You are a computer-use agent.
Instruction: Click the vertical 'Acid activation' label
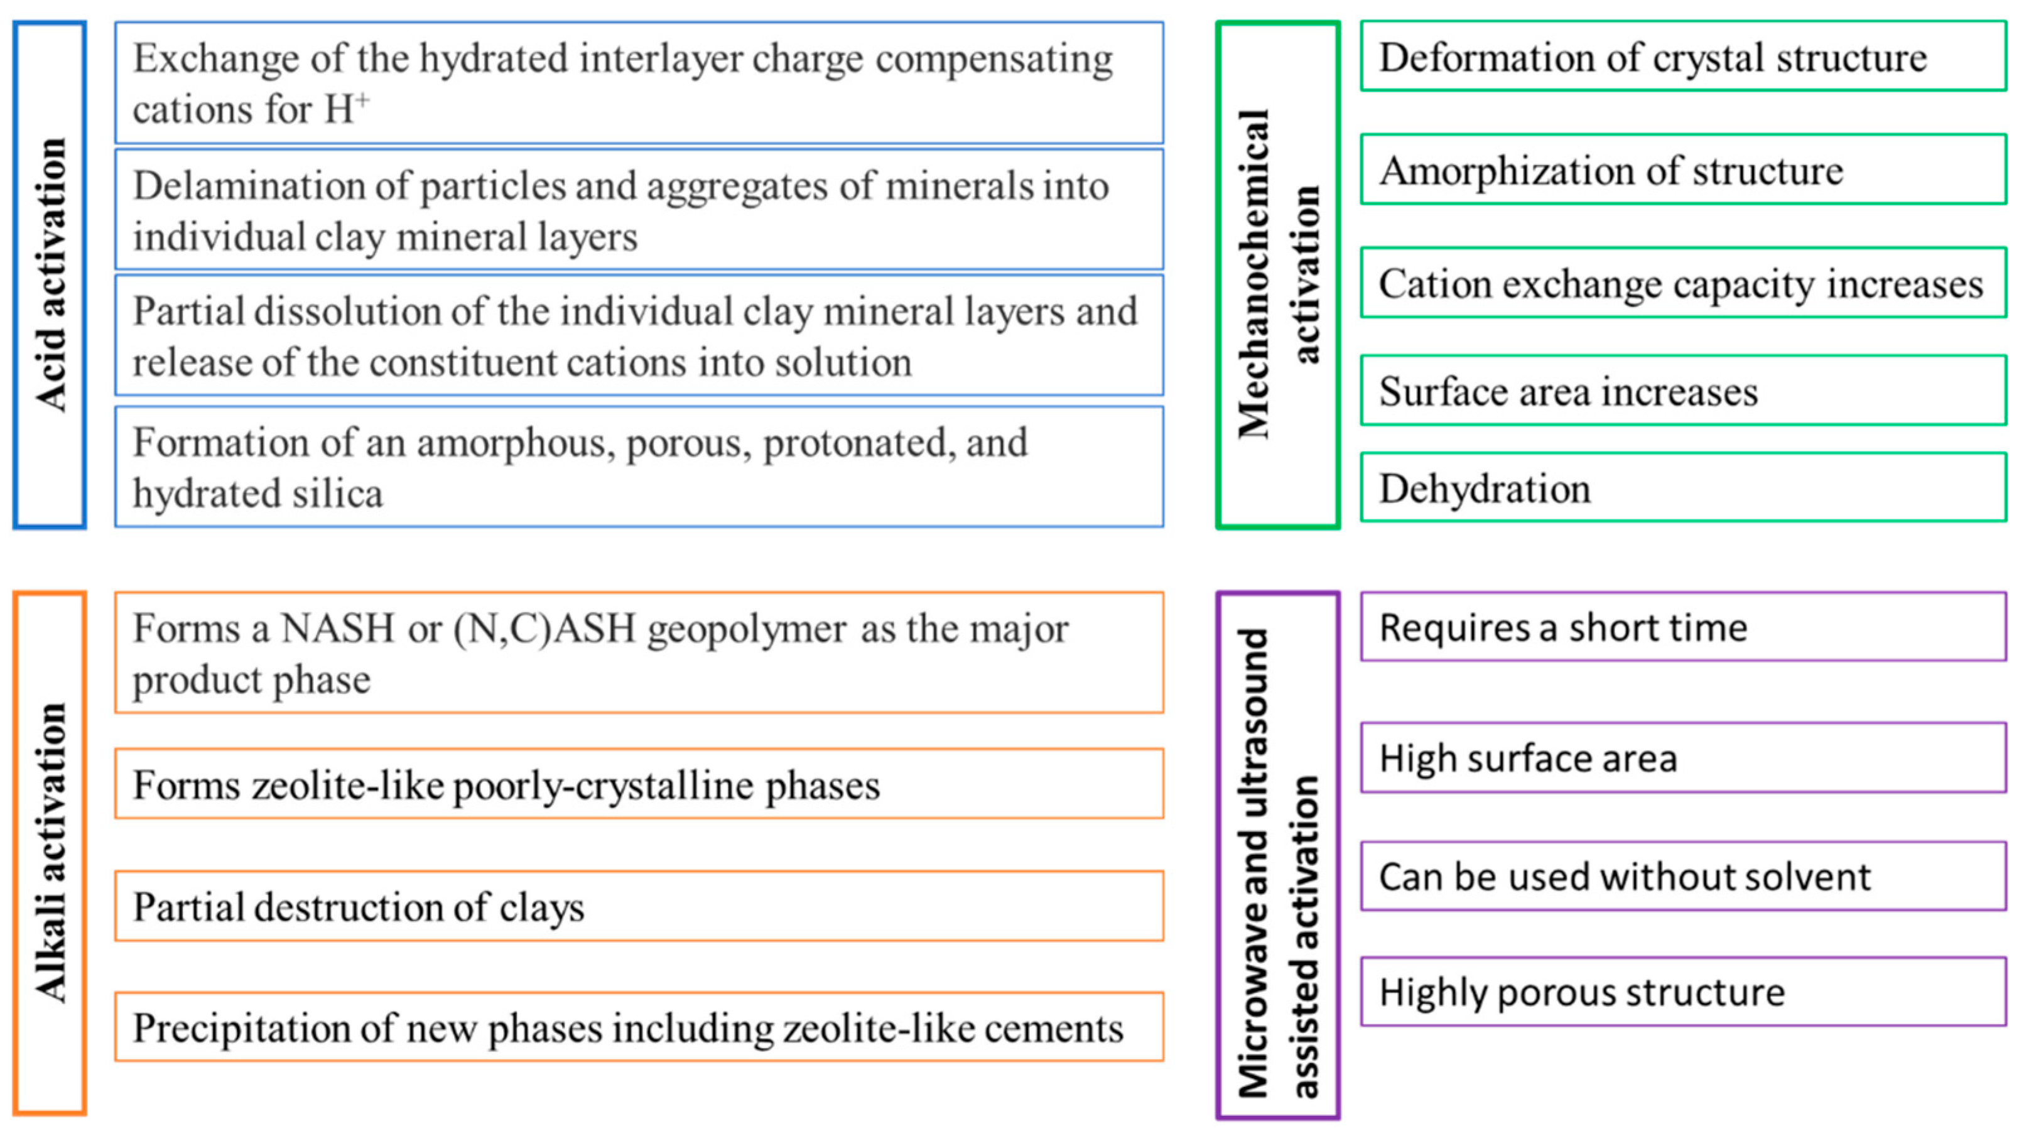click(x=50, y=274)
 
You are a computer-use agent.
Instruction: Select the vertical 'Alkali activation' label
click(x=50, y=853)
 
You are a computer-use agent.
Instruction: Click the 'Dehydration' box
click(x=1683, y=488)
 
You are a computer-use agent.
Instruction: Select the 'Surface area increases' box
click(x=1683, y=391)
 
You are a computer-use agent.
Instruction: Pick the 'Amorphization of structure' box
click(x=1683, y=170)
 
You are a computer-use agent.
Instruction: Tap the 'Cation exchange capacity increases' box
click(x=1683, y=283)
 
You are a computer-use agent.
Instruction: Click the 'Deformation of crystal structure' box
click(x=1683, y=57)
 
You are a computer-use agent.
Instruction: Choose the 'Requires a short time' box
click(x=1683, y=627)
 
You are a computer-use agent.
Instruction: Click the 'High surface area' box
click(x=1683, y=757)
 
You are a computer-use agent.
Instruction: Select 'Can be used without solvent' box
click(x=1683, y=876)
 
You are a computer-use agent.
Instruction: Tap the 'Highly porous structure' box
click(x=1683, y=991)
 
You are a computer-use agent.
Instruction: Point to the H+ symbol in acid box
click(x=345, y=107)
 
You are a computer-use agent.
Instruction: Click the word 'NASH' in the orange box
click(x=337, y=628)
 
